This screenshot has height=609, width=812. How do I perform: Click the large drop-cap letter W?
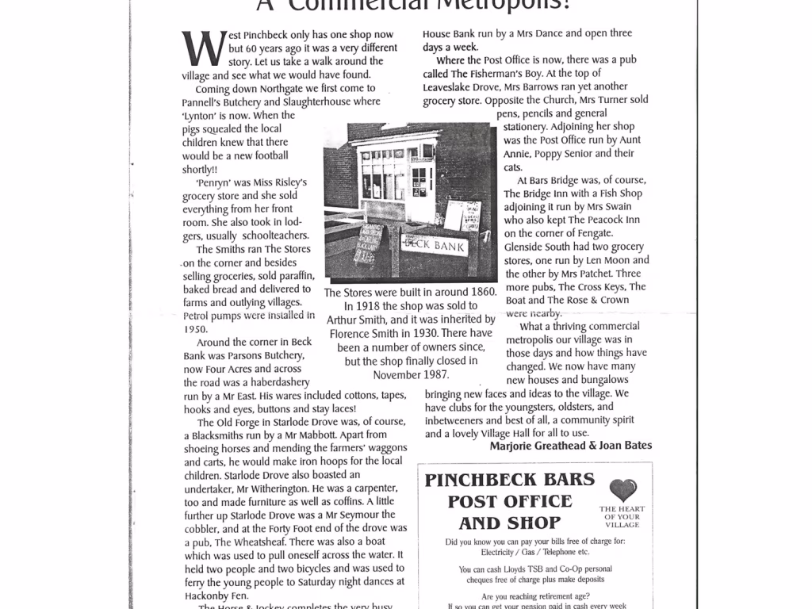pyautogui.click(x=201, y=49)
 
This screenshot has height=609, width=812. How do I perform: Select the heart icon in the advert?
pyautogui.click(x=623, y=490)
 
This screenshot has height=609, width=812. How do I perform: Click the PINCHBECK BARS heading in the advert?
pyautogui.click(x=509, y=480)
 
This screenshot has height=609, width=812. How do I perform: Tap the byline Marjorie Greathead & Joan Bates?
pyautogui.click(x=571, y=446)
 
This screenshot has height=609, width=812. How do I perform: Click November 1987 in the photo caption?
pyautogui.click(x=411, y=374)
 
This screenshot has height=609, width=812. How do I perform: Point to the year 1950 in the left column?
pyautogui.click(x=195, y=328)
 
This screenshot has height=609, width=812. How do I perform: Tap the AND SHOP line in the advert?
pyautogui.click(x=509, y=523)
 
